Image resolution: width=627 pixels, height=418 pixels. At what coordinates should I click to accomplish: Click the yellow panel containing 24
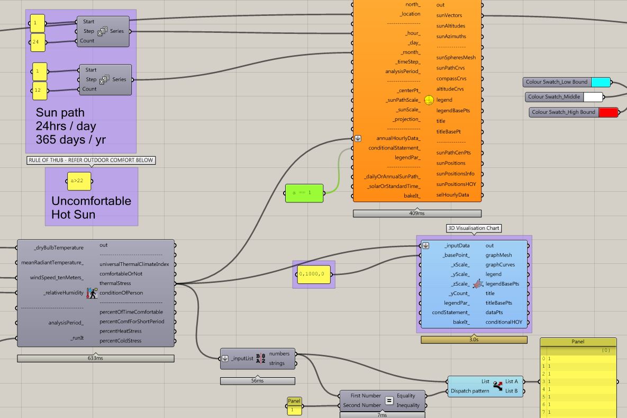tap(38, 42)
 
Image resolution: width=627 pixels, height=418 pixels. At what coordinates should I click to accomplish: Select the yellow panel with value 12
tap(40, 91)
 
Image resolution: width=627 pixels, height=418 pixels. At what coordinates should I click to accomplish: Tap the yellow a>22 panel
tap(79, 181)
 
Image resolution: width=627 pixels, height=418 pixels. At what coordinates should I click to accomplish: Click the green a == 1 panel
tap(304, 193)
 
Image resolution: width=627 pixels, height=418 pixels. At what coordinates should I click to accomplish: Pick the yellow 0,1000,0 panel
tap(314, 274)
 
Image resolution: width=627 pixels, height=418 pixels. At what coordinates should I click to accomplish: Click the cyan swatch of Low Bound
tap(601, 82)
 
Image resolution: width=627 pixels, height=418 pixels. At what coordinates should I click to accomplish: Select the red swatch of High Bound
tap(608, 112)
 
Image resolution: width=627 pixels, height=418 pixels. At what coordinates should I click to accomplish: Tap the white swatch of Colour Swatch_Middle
tap(593, 97)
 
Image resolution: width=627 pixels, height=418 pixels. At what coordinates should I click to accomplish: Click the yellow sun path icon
tap(429, 100)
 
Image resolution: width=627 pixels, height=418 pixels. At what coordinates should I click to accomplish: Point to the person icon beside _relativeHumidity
tap(92, 293)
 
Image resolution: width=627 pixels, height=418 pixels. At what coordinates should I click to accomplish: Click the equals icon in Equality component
tap(389, 401)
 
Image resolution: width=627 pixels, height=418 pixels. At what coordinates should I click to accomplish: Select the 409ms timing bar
tap(417, 214)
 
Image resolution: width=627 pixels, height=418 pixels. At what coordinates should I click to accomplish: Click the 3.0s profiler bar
tap(474, 340)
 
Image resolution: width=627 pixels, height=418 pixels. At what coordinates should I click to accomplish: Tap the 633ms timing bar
tap(96, 358)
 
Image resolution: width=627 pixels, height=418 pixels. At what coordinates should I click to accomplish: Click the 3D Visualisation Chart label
tap(474, 228)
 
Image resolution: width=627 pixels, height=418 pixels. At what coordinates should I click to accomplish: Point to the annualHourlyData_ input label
tap(398, 138)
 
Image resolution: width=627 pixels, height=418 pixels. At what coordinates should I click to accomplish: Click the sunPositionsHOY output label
tap(456, 184)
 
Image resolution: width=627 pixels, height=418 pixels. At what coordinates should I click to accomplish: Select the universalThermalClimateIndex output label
tap(134, 264)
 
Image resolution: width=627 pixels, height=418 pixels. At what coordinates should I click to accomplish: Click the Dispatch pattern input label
tap(470, 391)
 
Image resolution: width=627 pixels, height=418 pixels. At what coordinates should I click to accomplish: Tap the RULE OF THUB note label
tap(91, 160)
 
